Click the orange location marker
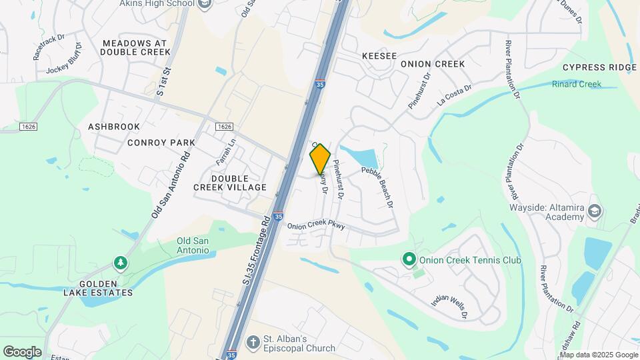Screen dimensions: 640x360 pos(321,159)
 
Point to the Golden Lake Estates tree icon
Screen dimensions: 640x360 pos(120,263)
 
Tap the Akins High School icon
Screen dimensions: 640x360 pos(205,4)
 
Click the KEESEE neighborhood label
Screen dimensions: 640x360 pos(379,56)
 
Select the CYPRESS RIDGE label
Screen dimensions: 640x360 pos(599,67)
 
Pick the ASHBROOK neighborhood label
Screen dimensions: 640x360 pos(114,126)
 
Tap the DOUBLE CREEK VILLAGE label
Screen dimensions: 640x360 pos(230,183)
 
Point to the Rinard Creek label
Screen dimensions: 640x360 pos(577,84)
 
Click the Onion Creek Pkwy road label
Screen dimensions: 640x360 pos(316,226)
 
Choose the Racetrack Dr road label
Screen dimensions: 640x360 pos(49,47)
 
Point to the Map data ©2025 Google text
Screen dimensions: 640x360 pos(598,355)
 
